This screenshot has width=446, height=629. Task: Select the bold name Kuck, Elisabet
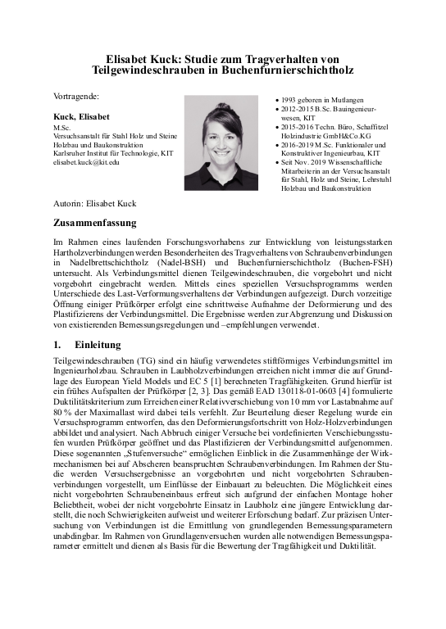tap(82, 116)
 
